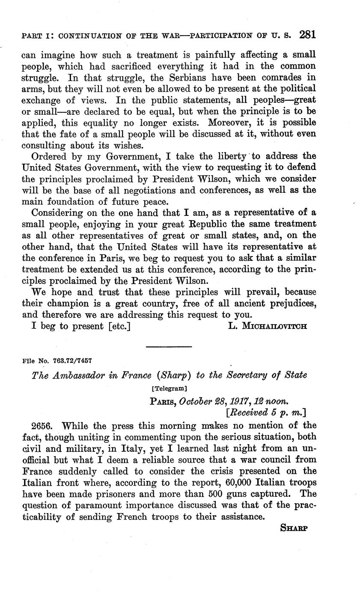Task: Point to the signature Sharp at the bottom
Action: tap(294, 528)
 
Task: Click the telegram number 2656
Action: tap(43, 426)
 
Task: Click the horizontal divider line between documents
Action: tap(169, 346)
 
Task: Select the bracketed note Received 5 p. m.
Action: tap(266, 412)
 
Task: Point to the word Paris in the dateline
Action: tap(162, 401)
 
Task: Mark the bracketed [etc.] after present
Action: tap(115, 326)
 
